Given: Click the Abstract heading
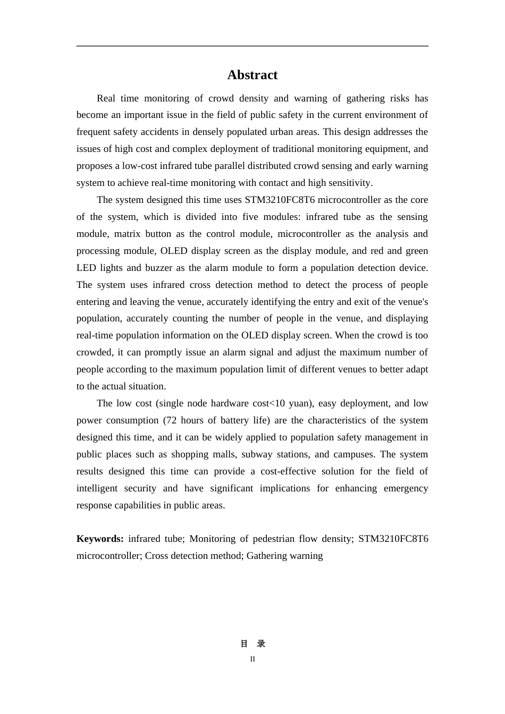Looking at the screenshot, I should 252,75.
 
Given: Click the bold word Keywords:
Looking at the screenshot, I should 100,539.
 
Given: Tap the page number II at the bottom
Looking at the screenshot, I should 252,659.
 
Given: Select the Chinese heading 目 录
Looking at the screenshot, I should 252,644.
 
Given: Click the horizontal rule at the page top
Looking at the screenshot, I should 252,46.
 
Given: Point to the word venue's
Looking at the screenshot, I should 410,302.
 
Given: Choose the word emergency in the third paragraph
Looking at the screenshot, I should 406,488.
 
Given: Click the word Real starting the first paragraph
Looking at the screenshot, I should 106,98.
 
